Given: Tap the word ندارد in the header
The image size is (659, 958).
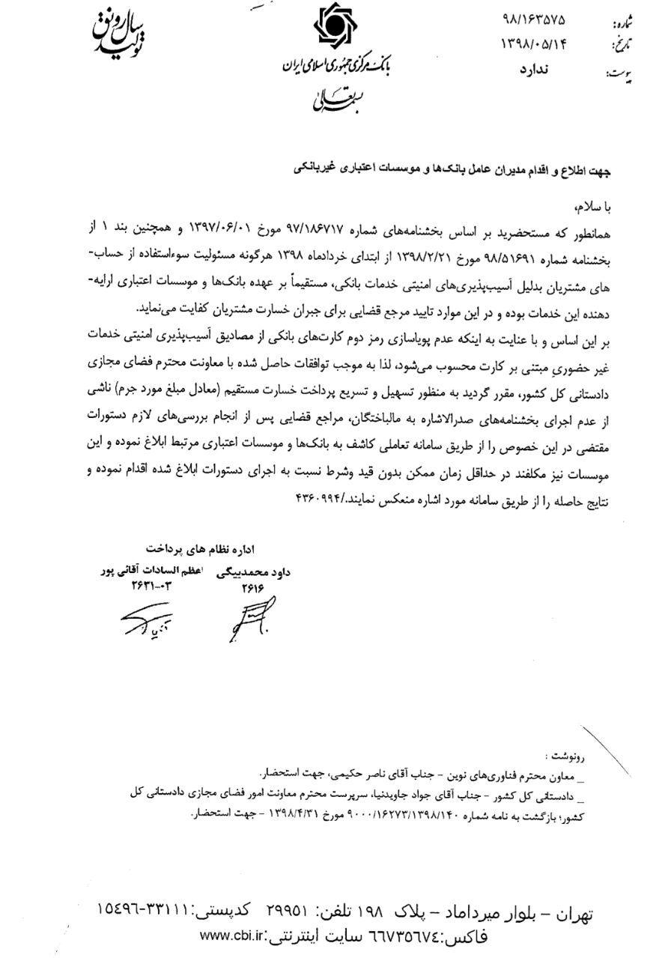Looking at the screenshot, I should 534,71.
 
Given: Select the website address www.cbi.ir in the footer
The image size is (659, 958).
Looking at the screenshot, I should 234,936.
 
